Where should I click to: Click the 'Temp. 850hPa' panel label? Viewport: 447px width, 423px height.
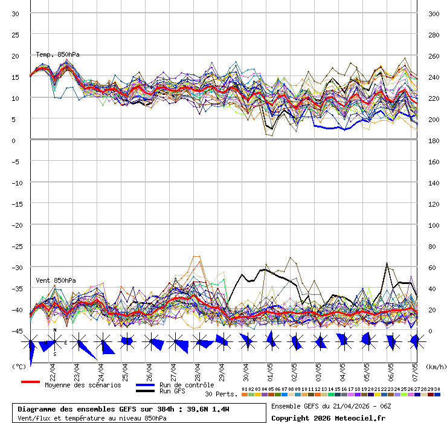pos(57,54)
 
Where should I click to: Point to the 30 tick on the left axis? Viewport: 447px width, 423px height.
pos(16,13)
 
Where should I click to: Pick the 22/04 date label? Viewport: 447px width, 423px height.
pos(53,369)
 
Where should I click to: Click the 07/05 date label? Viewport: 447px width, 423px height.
pos(415,369)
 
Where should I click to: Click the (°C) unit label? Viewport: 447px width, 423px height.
pos(19,366)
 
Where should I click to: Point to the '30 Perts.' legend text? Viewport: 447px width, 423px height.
pos(222,394)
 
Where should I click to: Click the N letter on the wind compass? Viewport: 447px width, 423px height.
pos(55,330)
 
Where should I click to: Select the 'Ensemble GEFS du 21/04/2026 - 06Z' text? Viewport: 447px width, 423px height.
pos(331,406)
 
